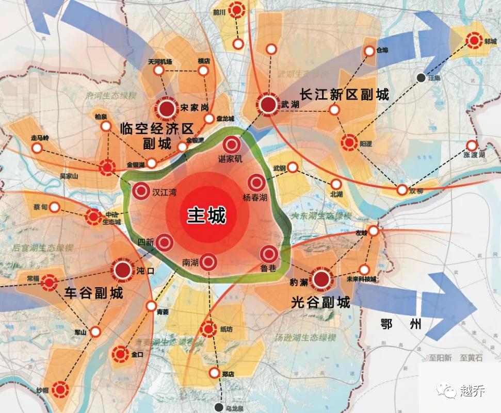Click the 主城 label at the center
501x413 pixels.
206,215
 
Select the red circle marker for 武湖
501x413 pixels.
268,105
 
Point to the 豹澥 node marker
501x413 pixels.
321,279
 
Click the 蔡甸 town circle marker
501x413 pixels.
55,207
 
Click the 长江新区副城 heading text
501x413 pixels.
344,94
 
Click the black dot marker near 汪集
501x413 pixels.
422,77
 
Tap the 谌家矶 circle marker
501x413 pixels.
231,145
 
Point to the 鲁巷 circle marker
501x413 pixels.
268,254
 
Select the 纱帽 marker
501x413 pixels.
60,389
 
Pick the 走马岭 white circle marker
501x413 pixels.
37,148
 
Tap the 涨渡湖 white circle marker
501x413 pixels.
472,145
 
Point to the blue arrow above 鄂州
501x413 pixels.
423,302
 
